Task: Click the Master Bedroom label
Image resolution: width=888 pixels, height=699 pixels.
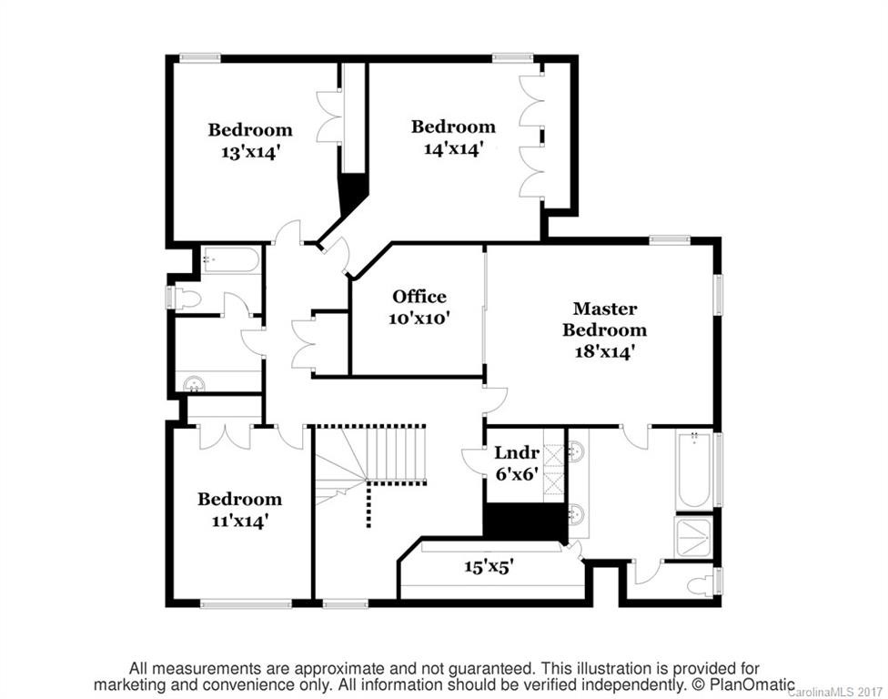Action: coord(604,319)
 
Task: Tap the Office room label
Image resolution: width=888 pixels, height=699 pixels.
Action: coord(419,297)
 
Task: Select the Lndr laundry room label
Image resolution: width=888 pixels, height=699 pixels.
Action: coord(517,452)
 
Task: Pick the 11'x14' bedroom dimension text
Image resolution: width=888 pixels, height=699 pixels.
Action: coord(239,521)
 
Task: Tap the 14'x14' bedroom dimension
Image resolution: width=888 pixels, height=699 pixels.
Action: coord(452,148)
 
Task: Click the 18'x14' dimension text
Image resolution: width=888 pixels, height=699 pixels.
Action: coord(604,351)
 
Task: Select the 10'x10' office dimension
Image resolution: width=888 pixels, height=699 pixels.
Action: coord(419,319)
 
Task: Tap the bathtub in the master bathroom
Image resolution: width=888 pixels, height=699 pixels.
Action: coord(694,471)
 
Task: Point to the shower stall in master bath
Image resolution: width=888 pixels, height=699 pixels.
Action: coord(694,537)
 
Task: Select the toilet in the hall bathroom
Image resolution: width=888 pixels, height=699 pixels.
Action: coord(185,298)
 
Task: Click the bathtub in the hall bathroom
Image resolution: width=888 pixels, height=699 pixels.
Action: coord(230,260)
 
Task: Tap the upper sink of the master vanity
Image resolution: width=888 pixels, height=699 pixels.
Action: coord(576,450)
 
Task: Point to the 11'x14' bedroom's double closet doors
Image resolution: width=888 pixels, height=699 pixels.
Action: coord(224,435)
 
